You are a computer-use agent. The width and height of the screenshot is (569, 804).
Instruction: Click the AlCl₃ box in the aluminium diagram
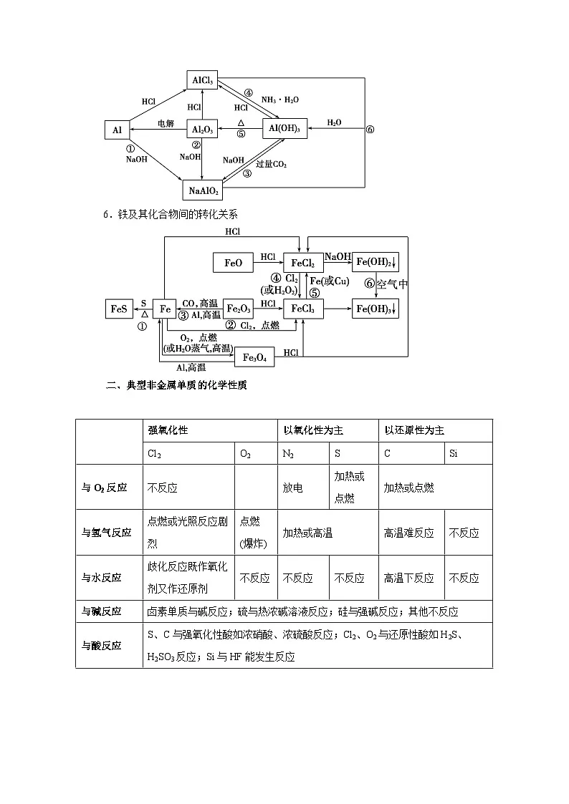(x=201, y=80)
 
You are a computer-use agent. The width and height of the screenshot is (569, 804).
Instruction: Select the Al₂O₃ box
(x=201, y=129)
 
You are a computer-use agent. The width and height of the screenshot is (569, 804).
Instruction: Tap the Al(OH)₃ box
(x=284, y=129)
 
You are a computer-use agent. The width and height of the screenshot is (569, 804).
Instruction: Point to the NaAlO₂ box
(x=204, y=190)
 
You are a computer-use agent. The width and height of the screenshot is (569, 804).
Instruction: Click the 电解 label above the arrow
(x=166, y=122)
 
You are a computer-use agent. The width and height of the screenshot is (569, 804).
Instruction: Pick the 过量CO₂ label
(x=271, y=164)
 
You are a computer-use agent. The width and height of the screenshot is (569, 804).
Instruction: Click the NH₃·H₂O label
(x=280, y=100)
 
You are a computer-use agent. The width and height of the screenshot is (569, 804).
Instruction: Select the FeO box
(x=234, y=263)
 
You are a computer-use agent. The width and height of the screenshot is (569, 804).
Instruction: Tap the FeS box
(x=118, y=309)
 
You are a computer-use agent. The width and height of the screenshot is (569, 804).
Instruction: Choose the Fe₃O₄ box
(x=254, y=357)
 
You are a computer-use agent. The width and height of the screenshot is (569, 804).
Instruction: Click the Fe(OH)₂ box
(x=375, y=263)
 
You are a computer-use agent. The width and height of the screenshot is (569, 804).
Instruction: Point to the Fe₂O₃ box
(x=239, y=309)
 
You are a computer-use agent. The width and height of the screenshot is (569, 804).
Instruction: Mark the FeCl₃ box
(x=304, y=309)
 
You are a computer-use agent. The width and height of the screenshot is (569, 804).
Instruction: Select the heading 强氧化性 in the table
(x=168, y=430)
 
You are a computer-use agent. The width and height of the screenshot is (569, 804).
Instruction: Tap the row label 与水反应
(x=101, y=578)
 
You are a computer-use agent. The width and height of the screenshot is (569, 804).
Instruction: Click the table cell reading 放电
(x=292, y=488)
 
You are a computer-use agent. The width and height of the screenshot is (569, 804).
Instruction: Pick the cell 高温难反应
(x=409, y=533)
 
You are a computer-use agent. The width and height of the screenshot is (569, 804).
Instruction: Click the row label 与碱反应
(x=101, y=611)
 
